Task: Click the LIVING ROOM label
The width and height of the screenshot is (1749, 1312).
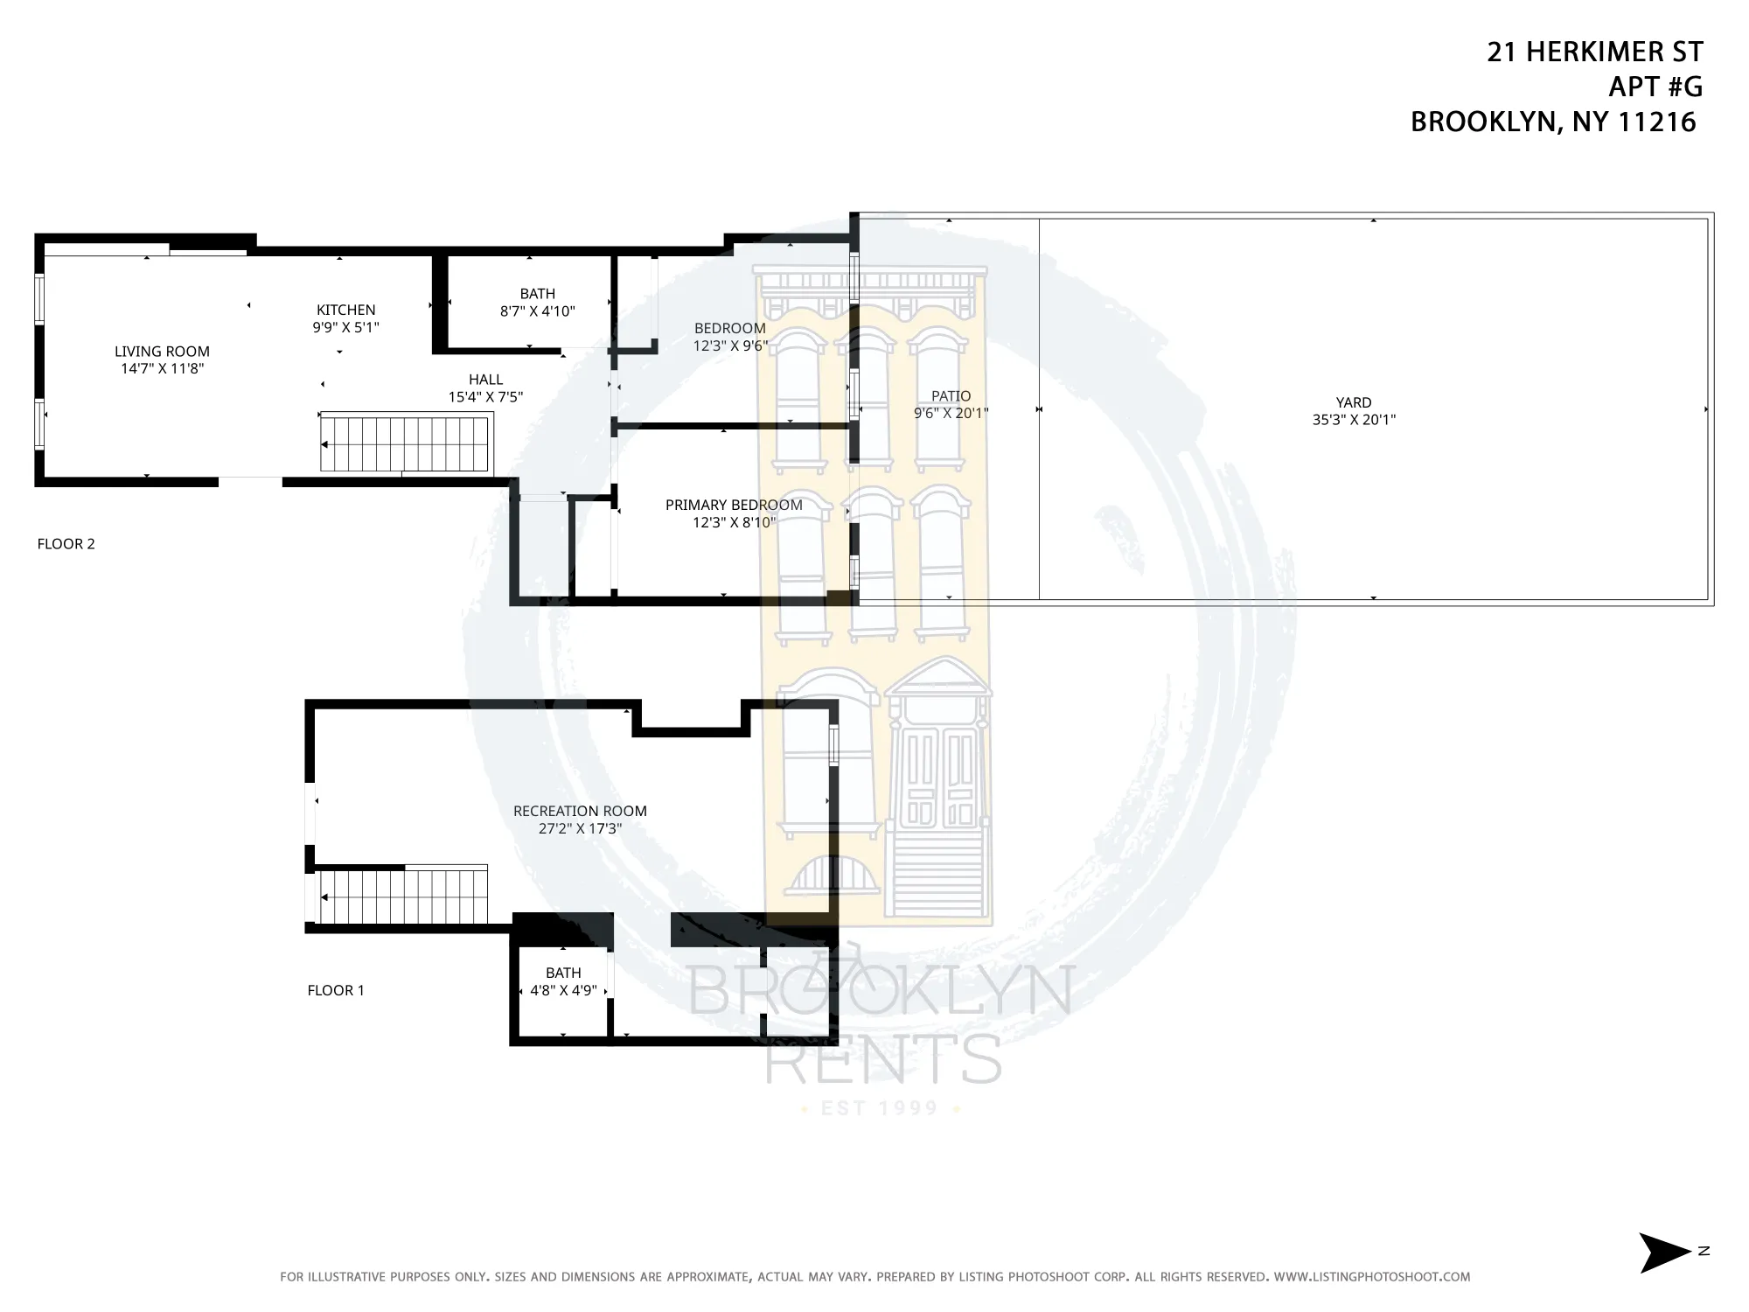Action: point(162,351)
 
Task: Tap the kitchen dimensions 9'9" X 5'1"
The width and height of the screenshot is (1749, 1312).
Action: point(345,327)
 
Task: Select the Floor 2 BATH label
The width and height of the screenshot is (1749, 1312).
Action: point(537,294)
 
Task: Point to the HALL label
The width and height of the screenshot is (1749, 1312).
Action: point(485,379)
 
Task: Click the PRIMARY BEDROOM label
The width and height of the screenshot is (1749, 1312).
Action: point(734,505)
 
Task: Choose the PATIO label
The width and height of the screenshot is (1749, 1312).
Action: point(951,395)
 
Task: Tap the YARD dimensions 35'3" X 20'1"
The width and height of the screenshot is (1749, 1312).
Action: point(1353,420)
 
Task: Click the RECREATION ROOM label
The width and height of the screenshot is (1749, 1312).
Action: point(580,811)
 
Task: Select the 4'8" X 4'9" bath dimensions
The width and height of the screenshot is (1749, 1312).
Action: point(563,990)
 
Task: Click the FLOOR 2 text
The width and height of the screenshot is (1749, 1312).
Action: point(66,543)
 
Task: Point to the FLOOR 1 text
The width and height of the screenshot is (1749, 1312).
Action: point(335,990)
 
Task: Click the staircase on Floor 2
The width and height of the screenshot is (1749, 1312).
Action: point(404,444)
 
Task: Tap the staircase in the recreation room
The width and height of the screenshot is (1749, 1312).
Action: point(402,897)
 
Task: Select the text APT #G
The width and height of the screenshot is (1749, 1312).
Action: point(1655,87)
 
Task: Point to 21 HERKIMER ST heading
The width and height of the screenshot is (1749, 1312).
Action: point(1594,52)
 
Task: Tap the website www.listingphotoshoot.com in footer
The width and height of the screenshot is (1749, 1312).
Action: point(1371,1277)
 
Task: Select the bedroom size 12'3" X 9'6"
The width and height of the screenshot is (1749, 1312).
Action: point(730,345)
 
